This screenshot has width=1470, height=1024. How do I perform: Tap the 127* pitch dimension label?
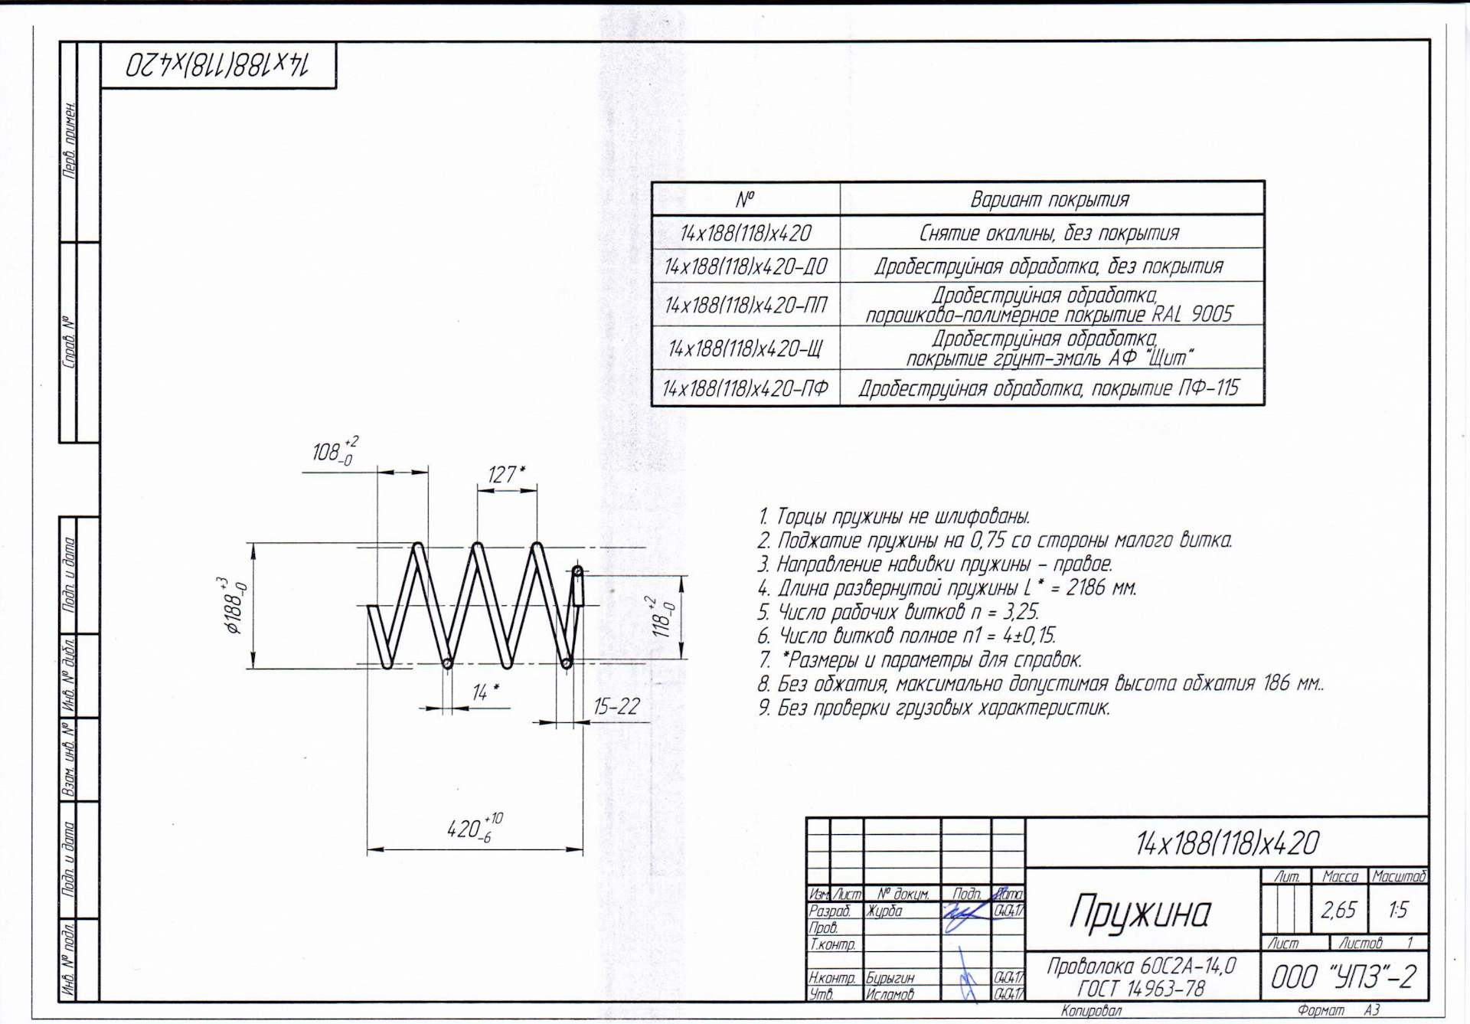click(x=506, y=475)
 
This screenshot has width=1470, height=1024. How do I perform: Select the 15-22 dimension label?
click(x=616, y=706)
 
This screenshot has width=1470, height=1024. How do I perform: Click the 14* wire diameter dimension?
click(x=485, y=692)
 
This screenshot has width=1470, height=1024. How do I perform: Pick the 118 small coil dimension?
click(x=664, y=617)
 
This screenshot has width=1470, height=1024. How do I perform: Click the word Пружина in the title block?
click(x=1140, y=911)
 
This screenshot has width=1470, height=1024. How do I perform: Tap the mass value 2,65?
click(x=1338, y=910)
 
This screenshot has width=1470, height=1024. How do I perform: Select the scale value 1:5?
click(x=1398, y=910)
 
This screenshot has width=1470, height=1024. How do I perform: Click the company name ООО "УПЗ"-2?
click(x=1344, y=977)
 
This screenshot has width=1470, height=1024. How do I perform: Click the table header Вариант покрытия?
click(x=1050, y=200)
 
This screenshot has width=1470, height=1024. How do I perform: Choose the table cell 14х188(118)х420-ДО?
click(x=746, y=267)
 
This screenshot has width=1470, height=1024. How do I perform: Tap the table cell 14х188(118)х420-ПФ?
click(x=746, y=388)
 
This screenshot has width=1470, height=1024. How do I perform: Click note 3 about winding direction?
click(x=935, y=564)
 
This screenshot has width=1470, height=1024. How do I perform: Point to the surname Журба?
click(x=884, y=911)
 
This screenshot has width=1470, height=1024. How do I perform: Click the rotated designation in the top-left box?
click(x=218, y=66)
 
